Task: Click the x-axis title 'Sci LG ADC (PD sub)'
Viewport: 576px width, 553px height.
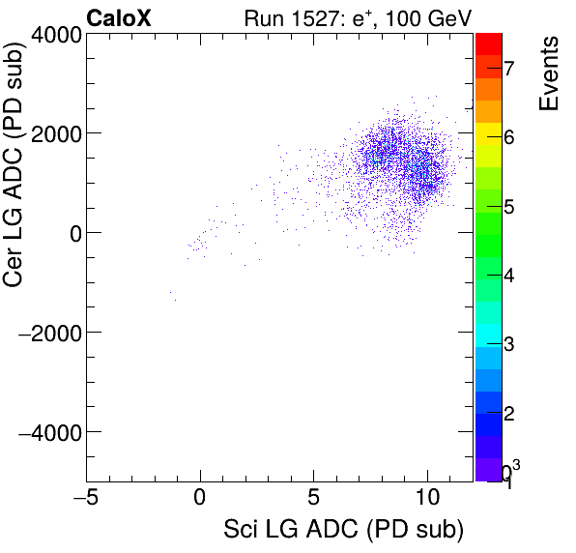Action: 343,530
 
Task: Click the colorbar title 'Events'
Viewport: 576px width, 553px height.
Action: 549,74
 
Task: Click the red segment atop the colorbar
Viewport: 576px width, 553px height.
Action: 489,43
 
